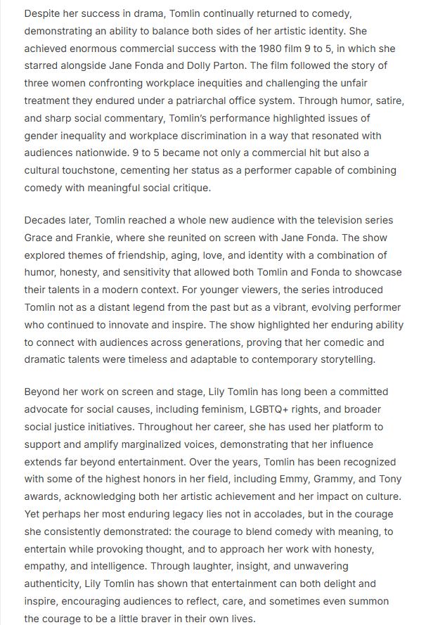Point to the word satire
tap(387, 101)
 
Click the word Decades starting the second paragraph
tap(47, 221)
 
